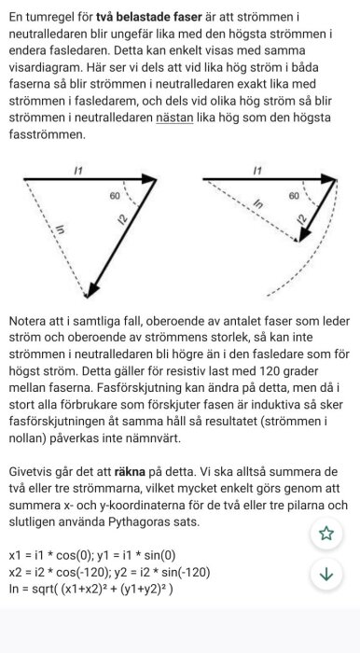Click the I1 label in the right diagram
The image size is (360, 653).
256,169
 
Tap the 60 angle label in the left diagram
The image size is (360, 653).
115,197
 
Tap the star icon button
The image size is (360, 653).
325,533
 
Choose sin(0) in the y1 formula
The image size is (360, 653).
194,555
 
